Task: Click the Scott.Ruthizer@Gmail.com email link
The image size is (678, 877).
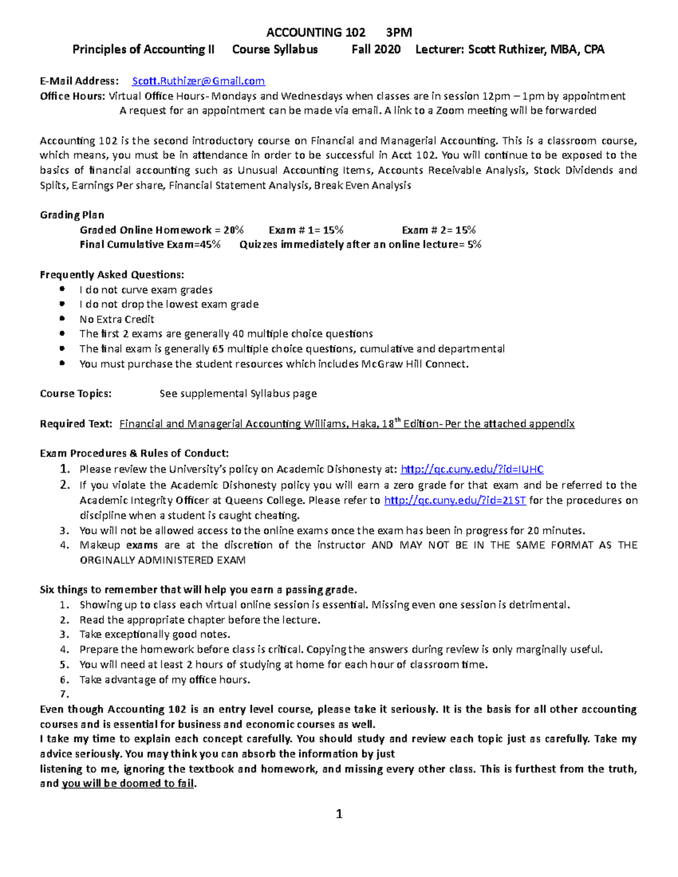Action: (198, 81)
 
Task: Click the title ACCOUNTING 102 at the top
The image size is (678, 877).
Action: (315, 33)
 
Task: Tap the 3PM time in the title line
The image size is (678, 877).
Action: (398, 33)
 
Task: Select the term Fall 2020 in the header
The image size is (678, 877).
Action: (376, 50)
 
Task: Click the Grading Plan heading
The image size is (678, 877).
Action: (72, 215)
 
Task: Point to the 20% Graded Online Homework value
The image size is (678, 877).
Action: (233, 230)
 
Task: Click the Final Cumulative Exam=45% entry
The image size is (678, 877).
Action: (150, 245)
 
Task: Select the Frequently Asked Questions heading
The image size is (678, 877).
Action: (112, 275)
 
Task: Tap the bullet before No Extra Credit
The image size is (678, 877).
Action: (62, 319)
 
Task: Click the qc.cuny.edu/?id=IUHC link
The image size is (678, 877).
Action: (472, 469)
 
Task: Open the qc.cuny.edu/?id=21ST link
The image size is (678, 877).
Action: (455, 500)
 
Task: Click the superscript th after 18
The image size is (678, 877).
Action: (397, 420)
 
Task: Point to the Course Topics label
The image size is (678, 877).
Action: (76, 394)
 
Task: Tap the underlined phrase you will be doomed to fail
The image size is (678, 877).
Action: (128, 784)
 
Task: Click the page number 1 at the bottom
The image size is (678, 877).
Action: (339, 814)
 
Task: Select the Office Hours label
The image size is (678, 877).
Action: (72, 97)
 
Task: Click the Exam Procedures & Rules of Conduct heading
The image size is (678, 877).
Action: (134, 453)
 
